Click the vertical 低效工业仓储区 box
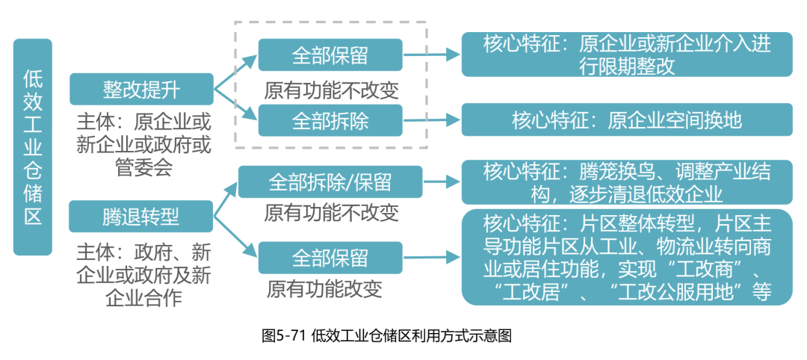click(33, 146)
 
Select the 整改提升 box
click(142, 89)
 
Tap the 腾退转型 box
click(142, 217)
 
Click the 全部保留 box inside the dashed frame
click(330, 55)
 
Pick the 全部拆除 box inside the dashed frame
click(330, 120)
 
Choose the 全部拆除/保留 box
click(330, 181)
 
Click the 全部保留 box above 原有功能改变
click(330, 258)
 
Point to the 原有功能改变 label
click(324, 288)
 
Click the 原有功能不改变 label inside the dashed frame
click(331, 90)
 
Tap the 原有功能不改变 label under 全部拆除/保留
click(331, 212)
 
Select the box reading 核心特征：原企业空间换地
click(626, 120)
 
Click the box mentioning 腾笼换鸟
click(626, 181)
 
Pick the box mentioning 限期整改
click(626, 55)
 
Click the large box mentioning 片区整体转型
click(626, 258)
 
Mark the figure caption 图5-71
click(386, 335)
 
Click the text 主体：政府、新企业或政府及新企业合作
click(143, 273)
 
